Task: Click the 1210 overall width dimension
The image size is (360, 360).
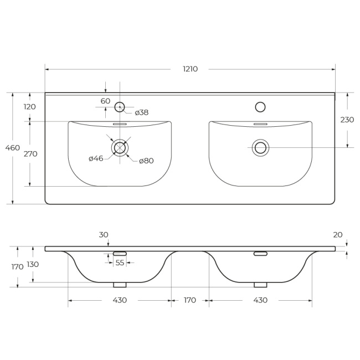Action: tap(190, 69)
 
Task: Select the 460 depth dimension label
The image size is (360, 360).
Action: tap(12, 148)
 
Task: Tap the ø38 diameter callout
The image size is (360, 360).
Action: tap(142, 112)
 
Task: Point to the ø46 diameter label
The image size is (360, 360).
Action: tap(96, 158)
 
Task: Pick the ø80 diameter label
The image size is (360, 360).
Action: tap(146, 161)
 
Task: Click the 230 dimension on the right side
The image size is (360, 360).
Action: tap(347, 120)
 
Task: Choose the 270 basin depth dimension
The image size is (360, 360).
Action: tap(30, 154)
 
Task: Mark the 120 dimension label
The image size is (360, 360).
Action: tap(30, 107)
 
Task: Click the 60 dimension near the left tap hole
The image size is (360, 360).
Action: tap(105, 101)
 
